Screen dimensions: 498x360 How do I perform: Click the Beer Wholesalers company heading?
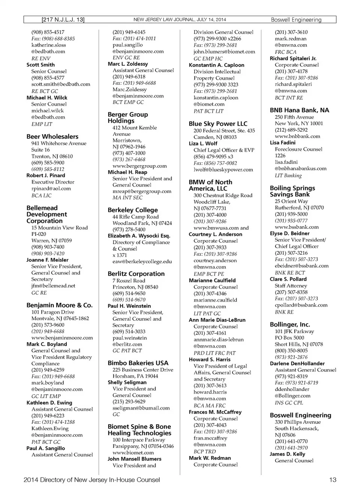52,137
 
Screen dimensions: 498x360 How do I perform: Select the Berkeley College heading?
133,210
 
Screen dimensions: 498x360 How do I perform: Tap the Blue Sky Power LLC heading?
218,124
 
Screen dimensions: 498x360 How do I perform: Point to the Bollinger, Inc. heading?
290,325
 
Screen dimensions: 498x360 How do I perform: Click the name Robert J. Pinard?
46,175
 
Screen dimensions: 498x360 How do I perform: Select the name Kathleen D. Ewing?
49,402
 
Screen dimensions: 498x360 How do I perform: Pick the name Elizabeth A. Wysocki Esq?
139,236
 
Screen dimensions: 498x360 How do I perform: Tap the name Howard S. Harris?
210,359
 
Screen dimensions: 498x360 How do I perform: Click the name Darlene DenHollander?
297,363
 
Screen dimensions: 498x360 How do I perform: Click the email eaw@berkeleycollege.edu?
142,262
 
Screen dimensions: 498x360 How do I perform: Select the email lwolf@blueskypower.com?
223,169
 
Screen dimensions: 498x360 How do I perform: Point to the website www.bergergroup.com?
139,166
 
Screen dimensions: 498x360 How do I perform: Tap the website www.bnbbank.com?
297,136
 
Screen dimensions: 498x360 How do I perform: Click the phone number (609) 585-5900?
48,163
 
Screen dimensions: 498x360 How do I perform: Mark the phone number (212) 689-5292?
291,130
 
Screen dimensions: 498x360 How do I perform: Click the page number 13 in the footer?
333,480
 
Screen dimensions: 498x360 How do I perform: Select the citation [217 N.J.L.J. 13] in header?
63,20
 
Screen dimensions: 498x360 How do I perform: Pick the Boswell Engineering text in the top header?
296,20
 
